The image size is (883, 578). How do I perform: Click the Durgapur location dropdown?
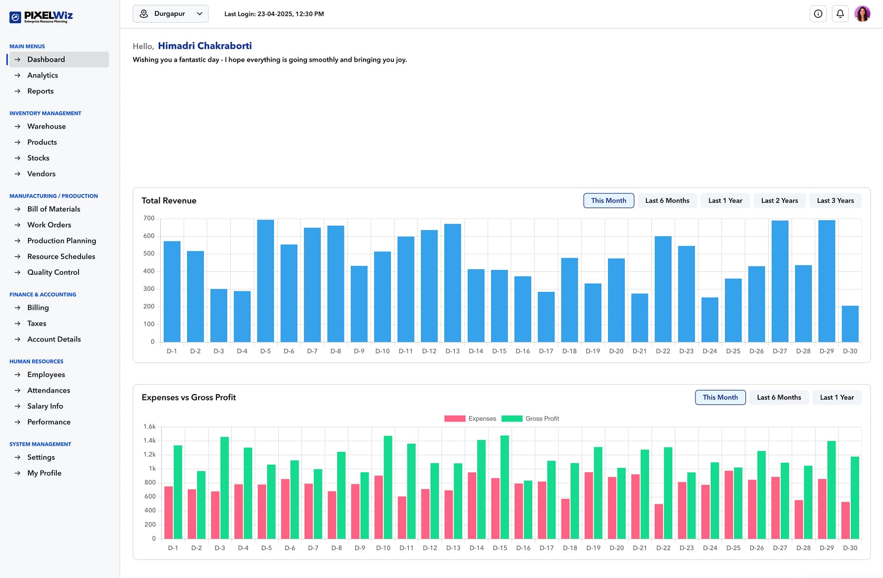[x=170, y=14]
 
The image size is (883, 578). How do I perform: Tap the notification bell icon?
[x=840, y=14]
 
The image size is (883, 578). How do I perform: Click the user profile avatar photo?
[x=862, y=14]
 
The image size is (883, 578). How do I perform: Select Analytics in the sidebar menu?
[x=43, y=75]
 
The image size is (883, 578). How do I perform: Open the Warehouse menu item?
[x=46, y=126]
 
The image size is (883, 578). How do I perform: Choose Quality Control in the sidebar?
[x=53, y=272]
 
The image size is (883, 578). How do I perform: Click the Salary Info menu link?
[x=45, y=406]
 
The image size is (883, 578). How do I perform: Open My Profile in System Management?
[x=44, y=473]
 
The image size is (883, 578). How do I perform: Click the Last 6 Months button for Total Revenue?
[x=667, y=201]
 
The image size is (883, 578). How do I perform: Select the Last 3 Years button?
[x=835, y=201]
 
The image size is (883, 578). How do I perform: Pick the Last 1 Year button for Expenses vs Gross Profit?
[x=837, y=397]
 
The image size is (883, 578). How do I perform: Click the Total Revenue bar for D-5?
[x=266, y=281]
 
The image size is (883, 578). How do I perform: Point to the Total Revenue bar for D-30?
[x=850, y=324]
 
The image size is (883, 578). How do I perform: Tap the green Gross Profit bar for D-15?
[x=505, y=487]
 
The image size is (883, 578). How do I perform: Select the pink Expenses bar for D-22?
[x=659, y=521]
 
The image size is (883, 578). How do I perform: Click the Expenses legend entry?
[x=470, y=419]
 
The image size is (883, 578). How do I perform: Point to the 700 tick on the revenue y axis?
[x=149, y=219]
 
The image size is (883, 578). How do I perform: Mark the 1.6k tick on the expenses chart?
[x=150, y=427]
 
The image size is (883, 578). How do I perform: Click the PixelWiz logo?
[x=41, y=16]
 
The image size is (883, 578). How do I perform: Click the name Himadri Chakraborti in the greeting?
[x=204, y=46]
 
